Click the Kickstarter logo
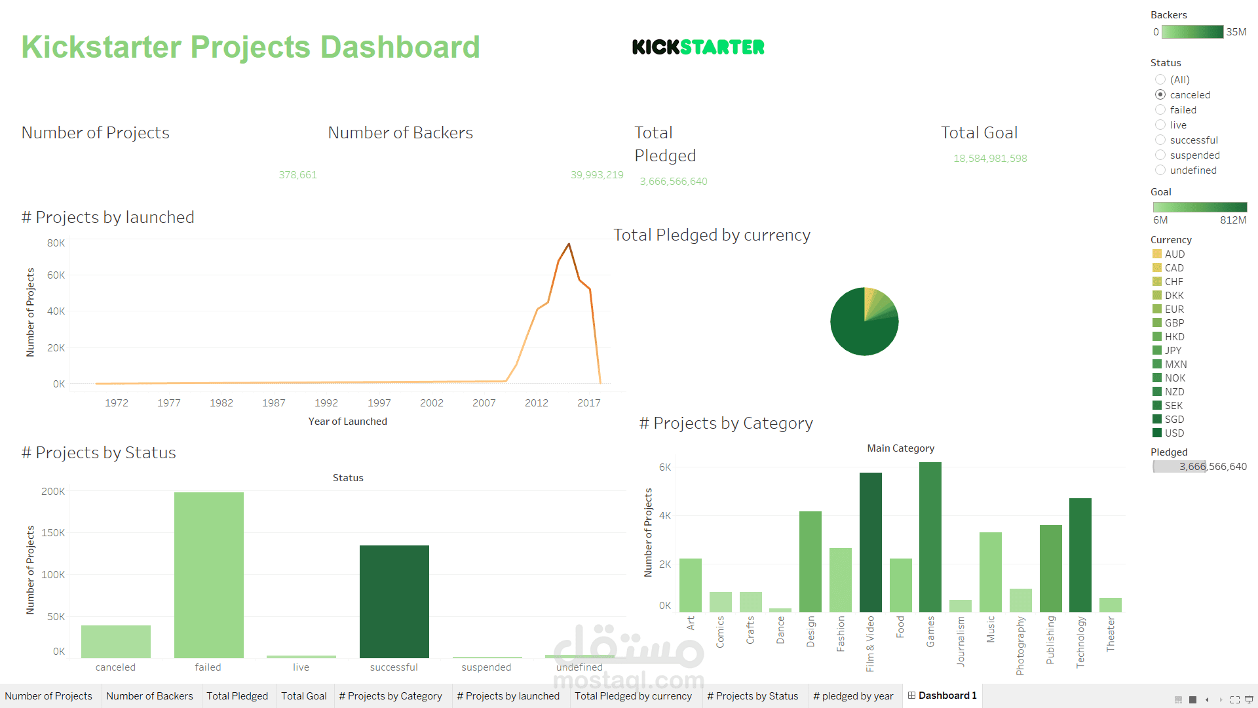[x=698, y=47]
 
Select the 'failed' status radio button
[x=1160, y=110]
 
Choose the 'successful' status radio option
[x=1160, y=140]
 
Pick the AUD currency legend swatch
[x=1157, y=254]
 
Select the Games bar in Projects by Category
[x=930, y=537]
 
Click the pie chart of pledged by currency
[x=864, y=322]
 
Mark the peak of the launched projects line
[x=569, y=244]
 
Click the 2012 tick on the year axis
[x=536, y=403]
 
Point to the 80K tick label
[x=56, y=243]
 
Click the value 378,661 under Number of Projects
[x=297, y=175]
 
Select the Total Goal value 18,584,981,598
[x=990, y=159]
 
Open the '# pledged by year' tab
[x=853, y=696]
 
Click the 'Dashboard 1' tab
[x=942, y=696]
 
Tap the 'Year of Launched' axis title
[x=347, y=422]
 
